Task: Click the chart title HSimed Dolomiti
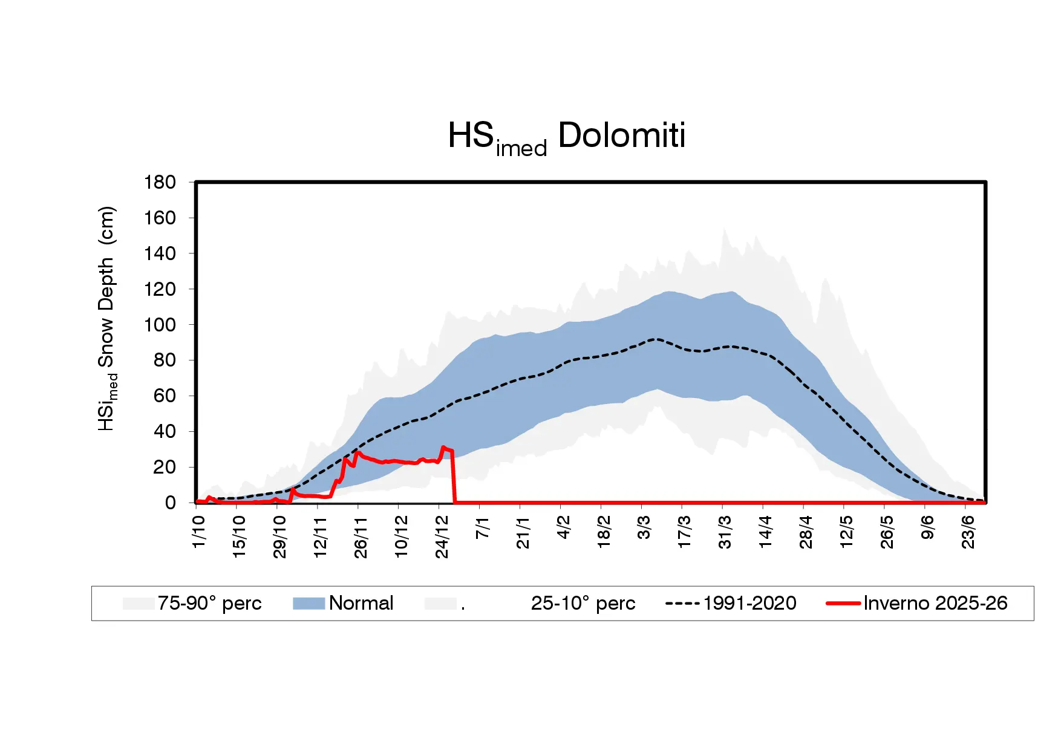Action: pyautogui.click(x=566, y=137)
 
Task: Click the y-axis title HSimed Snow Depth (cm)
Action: pyautogui.click(x=106, y=319)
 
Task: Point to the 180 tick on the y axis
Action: pyautogui.click(x=160, y=182)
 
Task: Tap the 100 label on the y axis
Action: pyautogui.click(x=160, y=325)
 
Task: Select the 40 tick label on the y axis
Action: pyautogui.click(x=165, y=431)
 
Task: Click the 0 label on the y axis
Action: pyautogui.click(x=170, y=503)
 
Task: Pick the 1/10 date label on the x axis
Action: pyautogui.click(x=198, y=532)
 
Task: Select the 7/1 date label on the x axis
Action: pyautogui.click(x=482, y=528)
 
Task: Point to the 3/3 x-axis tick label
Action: pyautogui.click(x=644, y=528)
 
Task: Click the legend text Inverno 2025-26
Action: pyautogui.click(x=935, y=603)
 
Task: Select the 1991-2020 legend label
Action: pyautogui.click(x=749, y=603)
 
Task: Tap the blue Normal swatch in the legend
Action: pyautogui.click(x=309, y=603)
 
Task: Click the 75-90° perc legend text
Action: pyautogui.click(x=209, y=603)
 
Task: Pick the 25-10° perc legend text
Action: pyautogui.click(x=583, y=603)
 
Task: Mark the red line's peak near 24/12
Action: pyautogui.click(x=443, y=448)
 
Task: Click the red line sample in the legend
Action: pyautogui.click(x=843, y=603)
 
